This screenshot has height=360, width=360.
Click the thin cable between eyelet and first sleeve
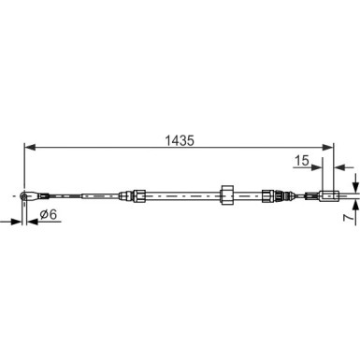point(61,194)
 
